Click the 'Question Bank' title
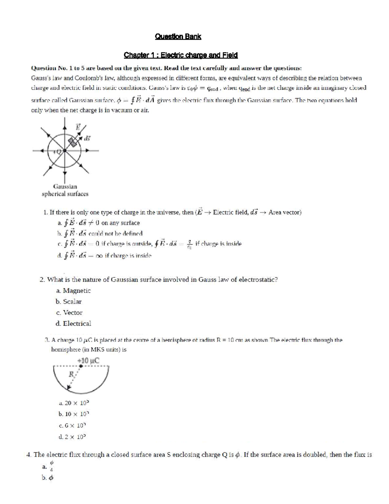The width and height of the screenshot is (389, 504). tap(178, 37)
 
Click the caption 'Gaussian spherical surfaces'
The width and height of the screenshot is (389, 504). tap(65, 190)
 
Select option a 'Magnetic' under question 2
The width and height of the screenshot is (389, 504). tap(73, 290)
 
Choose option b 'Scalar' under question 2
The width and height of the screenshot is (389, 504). tap(69, 301)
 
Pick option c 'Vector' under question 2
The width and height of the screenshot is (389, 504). tap(69, 313)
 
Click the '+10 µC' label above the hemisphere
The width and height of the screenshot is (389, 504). tap(88, 361)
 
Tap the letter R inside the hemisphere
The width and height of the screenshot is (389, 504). tap(71, 374)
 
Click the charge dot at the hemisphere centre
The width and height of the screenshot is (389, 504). tap(81, 366)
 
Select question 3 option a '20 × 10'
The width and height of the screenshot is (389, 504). tap(74, 403)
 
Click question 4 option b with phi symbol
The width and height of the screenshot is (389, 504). tap(48, 478)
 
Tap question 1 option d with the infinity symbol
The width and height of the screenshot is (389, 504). tap(104, 255)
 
